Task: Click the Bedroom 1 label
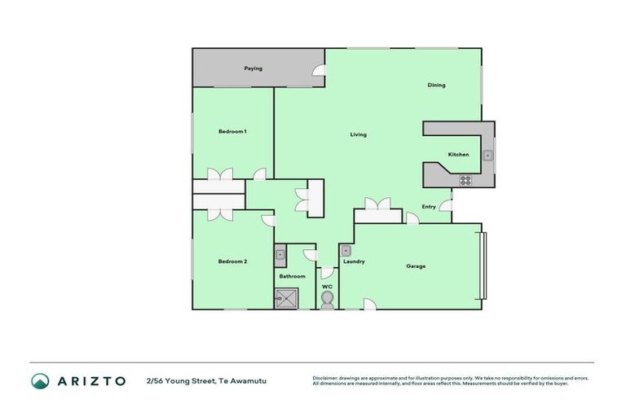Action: point(232,131)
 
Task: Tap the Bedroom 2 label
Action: point(232,261)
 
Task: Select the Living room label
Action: point(358,134)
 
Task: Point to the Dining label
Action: point(436,85)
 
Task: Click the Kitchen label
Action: point(458,155)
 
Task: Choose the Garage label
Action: point(416,266)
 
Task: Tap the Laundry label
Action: point(354,261)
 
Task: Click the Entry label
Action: point(428,207)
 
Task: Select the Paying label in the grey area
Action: point(253,68)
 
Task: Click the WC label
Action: point(327,287)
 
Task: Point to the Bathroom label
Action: point(292,276)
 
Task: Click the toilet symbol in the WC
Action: point(327,301)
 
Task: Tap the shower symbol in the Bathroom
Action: point(285,300)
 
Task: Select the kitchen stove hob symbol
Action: point(465,180)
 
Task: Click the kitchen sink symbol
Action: point(487,155)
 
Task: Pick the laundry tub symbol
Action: point(346,251)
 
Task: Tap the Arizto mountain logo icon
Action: point(41,380)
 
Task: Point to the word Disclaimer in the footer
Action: point(326,378)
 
